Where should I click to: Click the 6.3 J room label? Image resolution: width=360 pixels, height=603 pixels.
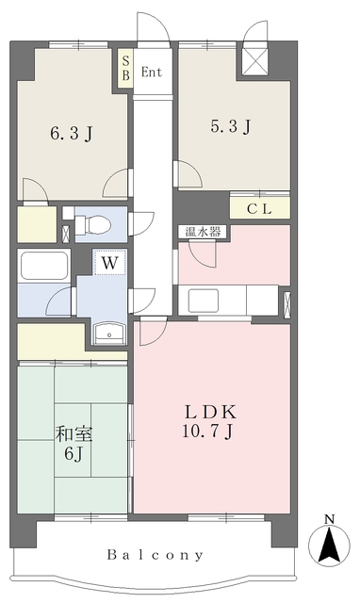click(72, 134)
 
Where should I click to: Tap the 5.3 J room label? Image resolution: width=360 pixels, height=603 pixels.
click(231, 125)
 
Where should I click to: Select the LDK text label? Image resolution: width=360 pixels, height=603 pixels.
click(209, 413)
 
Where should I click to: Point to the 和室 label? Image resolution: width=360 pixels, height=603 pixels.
click(74, 434)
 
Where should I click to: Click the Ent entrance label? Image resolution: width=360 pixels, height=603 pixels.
click(151, 72)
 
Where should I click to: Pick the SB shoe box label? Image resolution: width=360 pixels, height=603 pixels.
click(125, 68)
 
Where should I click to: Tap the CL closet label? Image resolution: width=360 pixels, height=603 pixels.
click(259, 209)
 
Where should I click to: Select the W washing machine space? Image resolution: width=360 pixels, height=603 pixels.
click(110, 262)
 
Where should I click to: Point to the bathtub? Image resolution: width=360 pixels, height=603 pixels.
click(44, 266)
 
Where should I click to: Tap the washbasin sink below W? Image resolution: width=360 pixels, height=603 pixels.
click(109, 333)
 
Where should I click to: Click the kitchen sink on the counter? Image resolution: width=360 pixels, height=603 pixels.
click(203, 301)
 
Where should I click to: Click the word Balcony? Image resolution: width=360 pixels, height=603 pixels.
click(155, 555)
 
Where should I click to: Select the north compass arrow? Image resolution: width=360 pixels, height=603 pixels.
click(329, 545)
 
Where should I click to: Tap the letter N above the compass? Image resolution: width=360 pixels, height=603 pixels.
click(330, 519)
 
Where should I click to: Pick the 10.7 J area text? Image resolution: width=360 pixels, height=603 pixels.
click(207, 431)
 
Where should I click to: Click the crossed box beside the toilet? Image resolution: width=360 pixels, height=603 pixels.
click(66, 233)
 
